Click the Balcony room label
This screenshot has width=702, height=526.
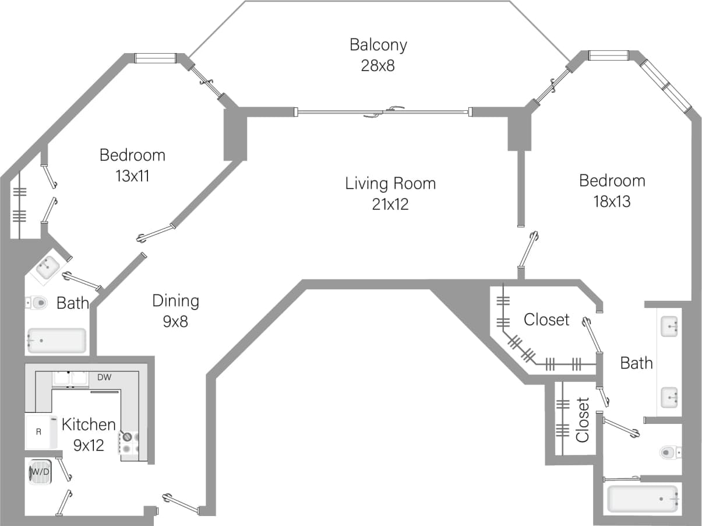(378, 45)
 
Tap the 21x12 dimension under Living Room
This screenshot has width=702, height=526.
(390, 205)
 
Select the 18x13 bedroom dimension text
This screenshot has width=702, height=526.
(612, 202)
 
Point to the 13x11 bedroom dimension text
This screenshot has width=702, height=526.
(132, 176)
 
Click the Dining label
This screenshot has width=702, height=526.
(175, 301)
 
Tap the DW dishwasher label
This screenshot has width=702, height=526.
(104, 378)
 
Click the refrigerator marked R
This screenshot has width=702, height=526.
(40, 432)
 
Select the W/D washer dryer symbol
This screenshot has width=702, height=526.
(40, 472)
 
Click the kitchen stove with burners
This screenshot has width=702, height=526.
(129, 443)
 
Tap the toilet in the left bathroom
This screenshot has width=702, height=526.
(37, 303)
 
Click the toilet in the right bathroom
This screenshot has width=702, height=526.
(670, 452)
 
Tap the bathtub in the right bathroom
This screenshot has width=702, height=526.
(643, 499)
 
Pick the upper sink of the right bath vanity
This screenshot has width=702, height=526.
(669, 325)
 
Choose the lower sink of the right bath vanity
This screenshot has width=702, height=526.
(669, 398)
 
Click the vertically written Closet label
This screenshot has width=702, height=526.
(583, 420)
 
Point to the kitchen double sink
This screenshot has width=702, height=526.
(70, 378)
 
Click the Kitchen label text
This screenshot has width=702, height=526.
(89, 424)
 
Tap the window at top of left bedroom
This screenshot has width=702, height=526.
(156, 58)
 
